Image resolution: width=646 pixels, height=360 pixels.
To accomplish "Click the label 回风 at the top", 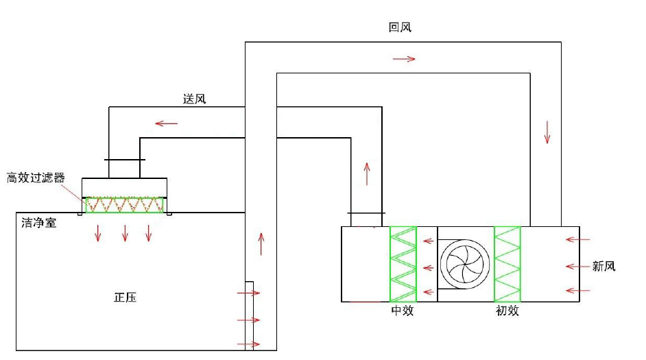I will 400,27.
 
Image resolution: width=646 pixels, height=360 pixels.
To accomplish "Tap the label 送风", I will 194,99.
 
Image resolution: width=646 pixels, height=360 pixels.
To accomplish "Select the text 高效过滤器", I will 36,178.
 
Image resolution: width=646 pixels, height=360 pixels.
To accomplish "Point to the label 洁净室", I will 38,222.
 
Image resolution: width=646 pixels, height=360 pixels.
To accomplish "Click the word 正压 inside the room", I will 125,298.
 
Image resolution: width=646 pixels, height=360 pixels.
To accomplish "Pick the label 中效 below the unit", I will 403,311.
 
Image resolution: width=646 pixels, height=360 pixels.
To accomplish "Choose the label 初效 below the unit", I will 507,311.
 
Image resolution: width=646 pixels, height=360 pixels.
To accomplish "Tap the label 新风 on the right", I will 603,266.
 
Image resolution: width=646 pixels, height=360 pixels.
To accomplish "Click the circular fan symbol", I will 464,264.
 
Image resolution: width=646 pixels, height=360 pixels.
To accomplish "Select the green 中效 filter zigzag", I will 403,264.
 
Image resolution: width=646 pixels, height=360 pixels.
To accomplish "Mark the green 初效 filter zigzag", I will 507,264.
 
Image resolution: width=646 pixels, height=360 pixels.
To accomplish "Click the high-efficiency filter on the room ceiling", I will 125,204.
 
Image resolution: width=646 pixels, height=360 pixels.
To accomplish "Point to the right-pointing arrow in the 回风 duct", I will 405,59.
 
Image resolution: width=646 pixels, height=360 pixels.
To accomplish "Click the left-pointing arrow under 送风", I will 166,123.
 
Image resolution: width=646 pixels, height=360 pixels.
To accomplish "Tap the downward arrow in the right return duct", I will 547,132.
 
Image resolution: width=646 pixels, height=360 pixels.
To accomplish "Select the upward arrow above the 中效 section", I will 367,174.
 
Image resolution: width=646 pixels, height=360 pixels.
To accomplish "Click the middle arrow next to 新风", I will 578,266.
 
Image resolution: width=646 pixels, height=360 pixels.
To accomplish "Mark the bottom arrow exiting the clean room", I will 248,344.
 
